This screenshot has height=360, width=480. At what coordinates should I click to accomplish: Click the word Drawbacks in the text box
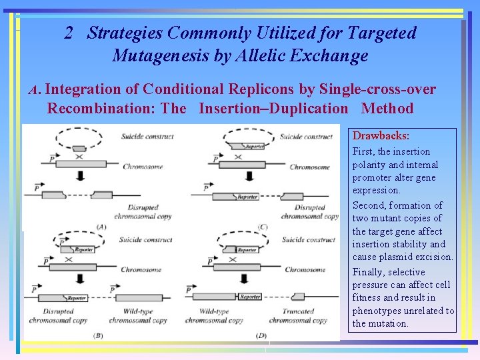(380, 136)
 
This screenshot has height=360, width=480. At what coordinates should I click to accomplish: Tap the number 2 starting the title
(69, 33)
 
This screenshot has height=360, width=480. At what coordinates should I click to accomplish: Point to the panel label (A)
(101, 227)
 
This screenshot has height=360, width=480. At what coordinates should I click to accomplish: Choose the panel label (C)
(263, 227)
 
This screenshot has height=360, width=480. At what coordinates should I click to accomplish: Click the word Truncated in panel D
(298, 311)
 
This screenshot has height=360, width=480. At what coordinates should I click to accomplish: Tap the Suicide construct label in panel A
(147, 137)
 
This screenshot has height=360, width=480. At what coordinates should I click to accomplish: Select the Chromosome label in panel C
(310, 167)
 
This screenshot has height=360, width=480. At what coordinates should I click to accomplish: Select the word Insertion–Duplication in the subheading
(273, 109)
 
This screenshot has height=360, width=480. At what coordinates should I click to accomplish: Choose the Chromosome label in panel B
(141, 270)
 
